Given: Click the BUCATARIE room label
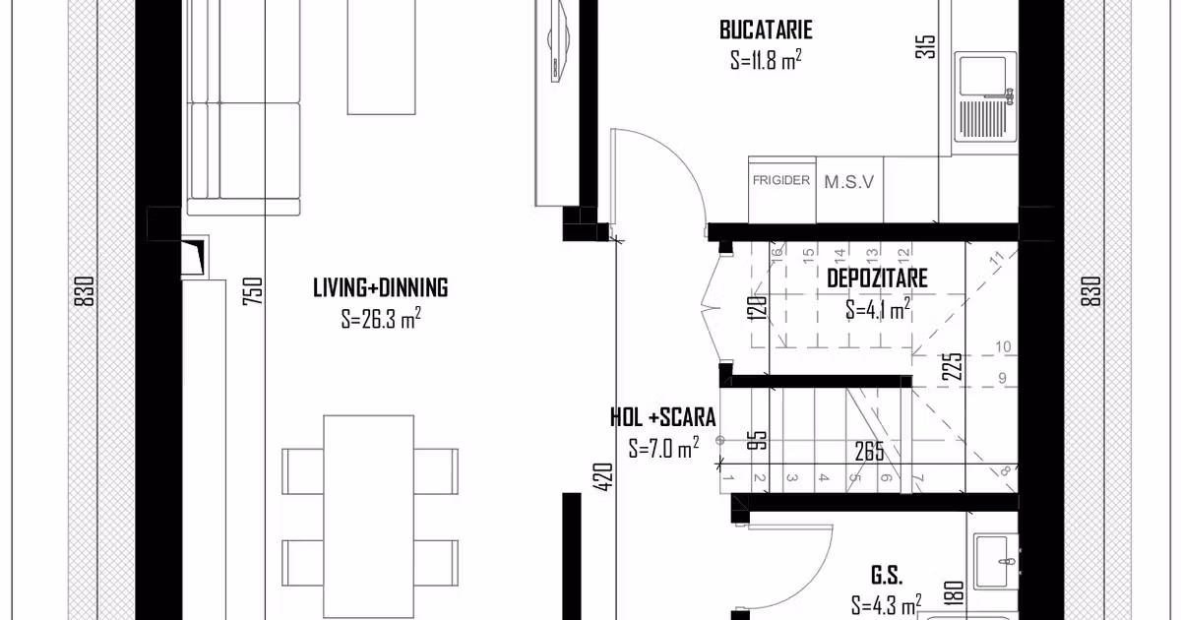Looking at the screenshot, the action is (766, 30).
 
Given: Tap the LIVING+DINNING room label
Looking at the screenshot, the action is (381, 287).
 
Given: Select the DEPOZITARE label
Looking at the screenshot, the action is (877, 279).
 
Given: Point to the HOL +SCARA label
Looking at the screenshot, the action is (662, 417).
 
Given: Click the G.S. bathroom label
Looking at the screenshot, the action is (887, 575).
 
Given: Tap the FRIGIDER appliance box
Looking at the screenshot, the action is (781, 190).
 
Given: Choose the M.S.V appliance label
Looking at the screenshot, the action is (848, 182).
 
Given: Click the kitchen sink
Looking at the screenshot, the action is (985, 96).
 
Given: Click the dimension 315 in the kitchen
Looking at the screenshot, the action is (926, 46).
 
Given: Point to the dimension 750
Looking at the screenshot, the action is (253, 291).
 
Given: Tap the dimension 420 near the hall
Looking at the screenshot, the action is (603, 477).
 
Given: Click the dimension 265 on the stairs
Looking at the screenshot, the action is (869, 452).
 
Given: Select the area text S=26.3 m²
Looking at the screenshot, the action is (381, 319).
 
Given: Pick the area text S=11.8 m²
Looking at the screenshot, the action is (766, 60).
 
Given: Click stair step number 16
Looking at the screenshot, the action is (777, 253).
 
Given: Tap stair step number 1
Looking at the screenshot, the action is (728, 478).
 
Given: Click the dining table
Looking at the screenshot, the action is (369, 517).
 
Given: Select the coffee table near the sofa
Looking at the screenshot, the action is (381, 57).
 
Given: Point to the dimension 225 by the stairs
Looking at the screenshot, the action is (953, 366).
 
